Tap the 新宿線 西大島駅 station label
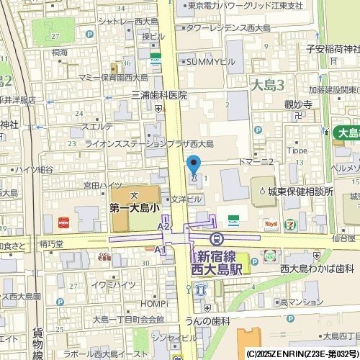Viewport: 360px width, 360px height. [x=219, y=263]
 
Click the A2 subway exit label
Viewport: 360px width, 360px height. [x=163, y=227]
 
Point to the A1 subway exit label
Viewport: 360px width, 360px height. [x=161, y=250]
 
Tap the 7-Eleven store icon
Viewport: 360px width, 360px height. [x=290, y=224]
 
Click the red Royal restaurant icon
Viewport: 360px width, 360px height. [x=271, y=224]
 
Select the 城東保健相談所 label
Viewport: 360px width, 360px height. [x=300, y=192]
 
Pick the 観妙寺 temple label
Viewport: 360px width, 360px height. [x=297, y=104]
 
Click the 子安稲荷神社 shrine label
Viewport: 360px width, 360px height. [x=332, y=49]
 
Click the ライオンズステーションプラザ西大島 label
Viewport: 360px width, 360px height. [x=156, y=143]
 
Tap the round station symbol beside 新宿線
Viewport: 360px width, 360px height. [x=215, y=238]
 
